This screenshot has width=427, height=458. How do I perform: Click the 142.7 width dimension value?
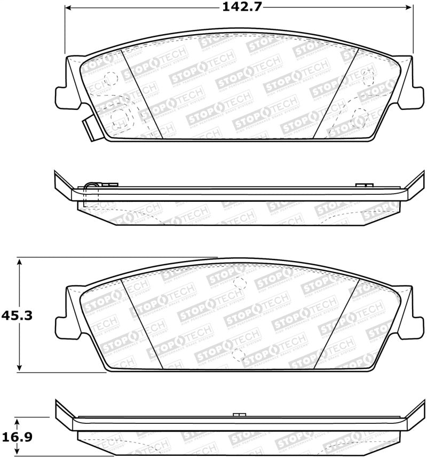click(239, 7)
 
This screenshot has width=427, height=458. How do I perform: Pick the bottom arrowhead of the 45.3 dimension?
click(20, 368)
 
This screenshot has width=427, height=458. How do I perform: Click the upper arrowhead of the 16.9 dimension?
click(20, 421)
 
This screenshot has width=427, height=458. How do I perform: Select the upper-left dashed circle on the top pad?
click(111, 78)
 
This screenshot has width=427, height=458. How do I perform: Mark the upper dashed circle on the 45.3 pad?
click(240, 283)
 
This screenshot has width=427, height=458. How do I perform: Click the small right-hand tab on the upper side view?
click(363, 185)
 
